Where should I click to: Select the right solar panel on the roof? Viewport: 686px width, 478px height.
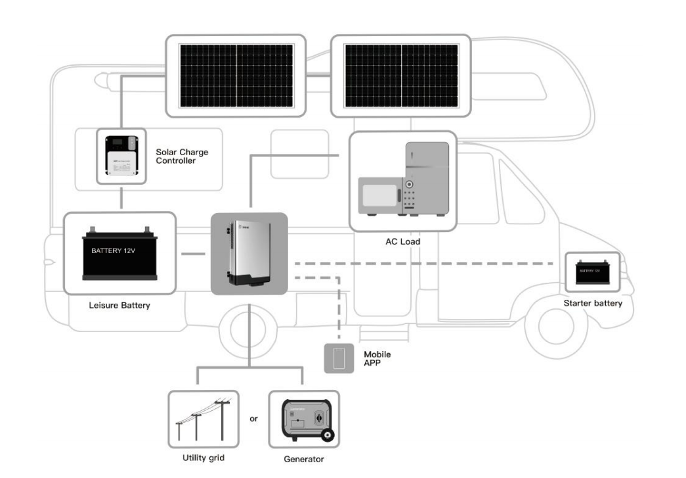400,77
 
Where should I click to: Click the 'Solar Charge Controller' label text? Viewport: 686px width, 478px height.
182,156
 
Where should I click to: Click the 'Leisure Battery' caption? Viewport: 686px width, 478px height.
119,306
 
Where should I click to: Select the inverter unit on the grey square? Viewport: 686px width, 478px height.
248,253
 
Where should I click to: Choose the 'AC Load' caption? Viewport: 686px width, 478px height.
402,241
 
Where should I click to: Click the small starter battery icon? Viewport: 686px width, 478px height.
592,272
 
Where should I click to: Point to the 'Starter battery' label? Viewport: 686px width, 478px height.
592,303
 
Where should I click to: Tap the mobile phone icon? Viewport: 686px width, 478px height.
339,358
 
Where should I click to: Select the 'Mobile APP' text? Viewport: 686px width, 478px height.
377,358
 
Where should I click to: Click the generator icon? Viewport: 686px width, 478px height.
303,419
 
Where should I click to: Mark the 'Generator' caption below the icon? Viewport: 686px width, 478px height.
303,458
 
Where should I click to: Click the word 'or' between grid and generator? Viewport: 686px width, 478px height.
253,419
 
